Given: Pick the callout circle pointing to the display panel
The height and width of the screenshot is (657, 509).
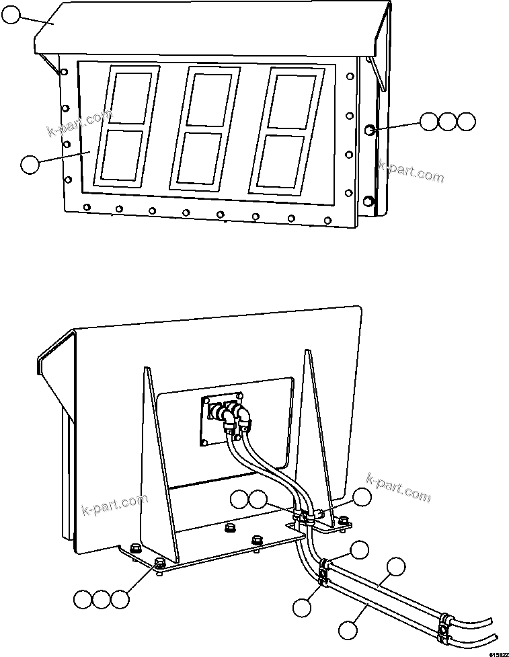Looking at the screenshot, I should tap(30, 164).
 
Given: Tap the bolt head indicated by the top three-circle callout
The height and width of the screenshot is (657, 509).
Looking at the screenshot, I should tap(369, 129).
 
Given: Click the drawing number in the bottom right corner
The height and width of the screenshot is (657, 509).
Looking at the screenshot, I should tap(497, 652).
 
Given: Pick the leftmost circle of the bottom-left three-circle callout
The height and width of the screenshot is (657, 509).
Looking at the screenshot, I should tap(82, 599).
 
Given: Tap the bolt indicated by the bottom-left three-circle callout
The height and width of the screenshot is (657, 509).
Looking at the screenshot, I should tap(160, 563).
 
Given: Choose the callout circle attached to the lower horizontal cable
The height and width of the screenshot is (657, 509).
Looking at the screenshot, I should tap(347, 630).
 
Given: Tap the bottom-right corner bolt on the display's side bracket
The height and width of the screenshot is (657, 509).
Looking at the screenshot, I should tap(368, 200).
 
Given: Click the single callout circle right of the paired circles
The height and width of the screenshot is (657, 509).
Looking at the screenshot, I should tap(362, 497).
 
